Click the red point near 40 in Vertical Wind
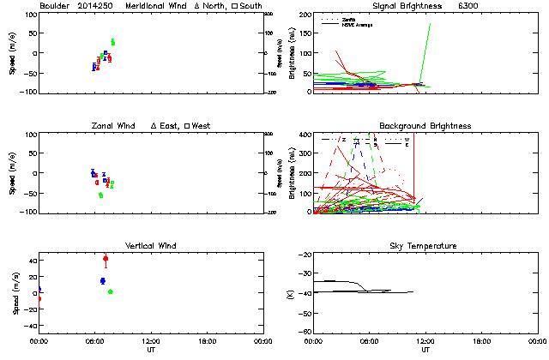tap(106, 259)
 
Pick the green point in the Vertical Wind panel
tap(110, 292)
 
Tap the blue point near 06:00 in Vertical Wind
tap(102, 281)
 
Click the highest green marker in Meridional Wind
tap(112, 41)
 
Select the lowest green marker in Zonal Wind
tap(100, 195)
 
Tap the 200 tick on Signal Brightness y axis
tap(305, 15)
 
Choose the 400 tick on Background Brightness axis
tap(305, 135)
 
